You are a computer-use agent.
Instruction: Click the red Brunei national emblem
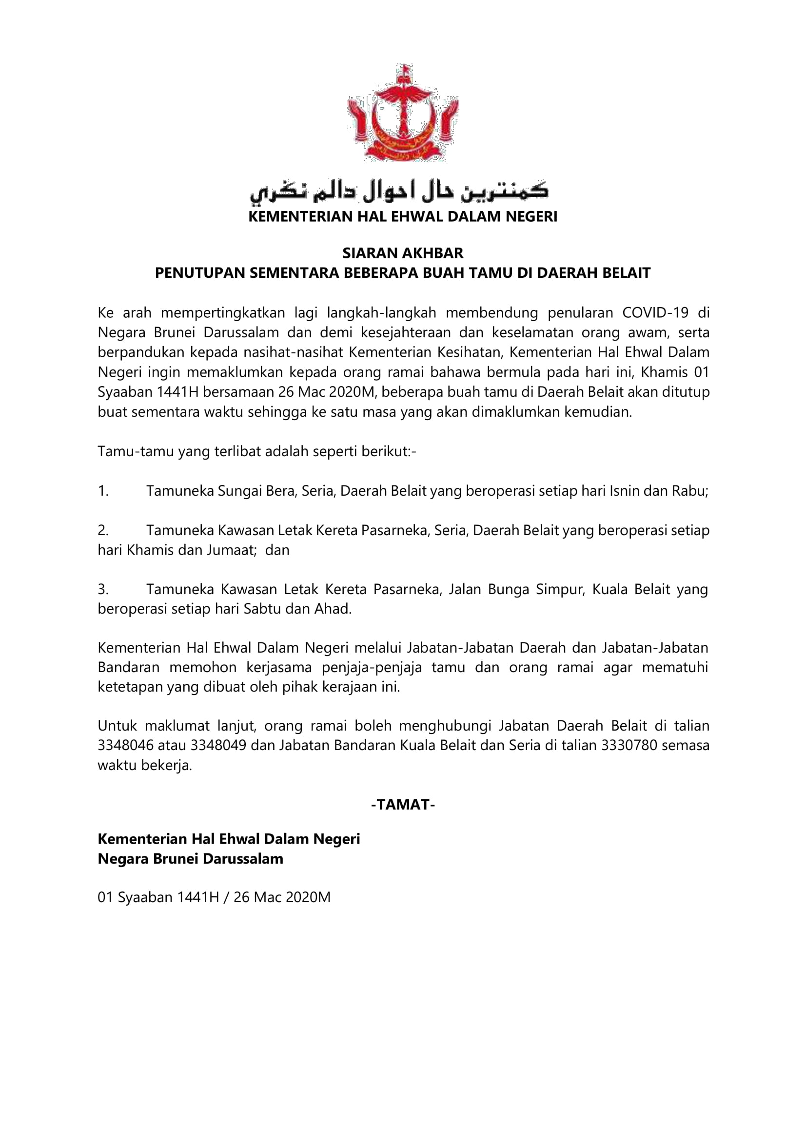402,113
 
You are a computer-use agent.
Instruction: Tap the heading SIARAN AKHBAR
403,253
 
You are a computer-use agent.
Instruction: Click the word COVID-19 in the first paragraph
655,313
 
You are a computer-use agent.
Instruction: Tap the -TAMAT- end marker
403,805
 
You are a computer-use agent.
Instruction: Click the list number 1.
103,491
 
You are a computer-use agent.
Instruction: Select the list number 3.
103,589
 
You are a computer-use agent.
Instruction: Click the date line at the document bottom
214,897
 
